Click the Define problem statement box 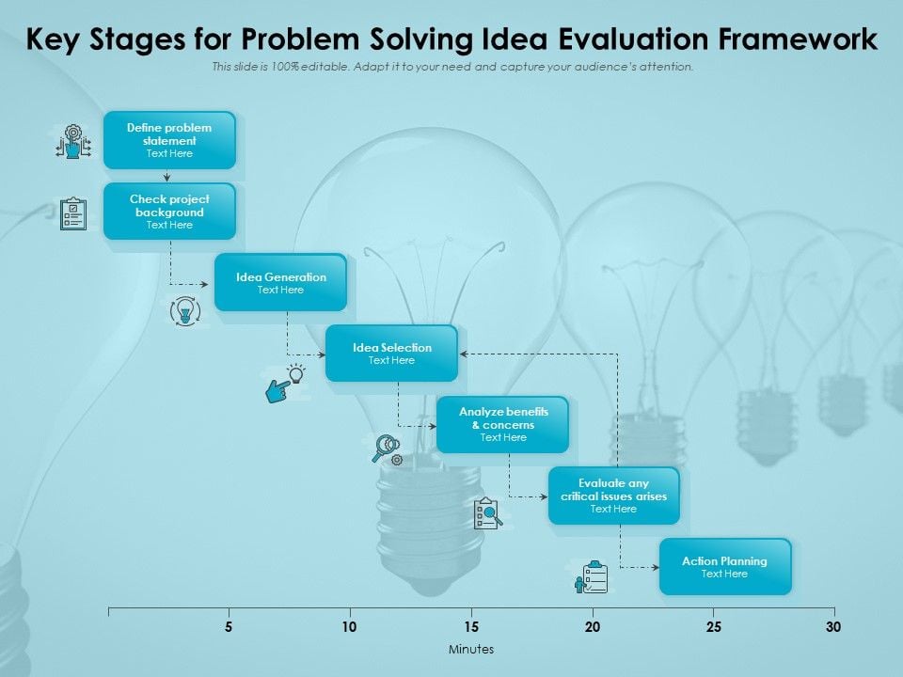(x=169, y=140)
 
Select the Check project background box (x=169, y=212)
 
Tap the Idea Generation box (x=280, y=282)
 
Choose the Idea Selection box (x=391, y=354)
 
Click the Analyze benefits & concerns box (x=503, y=424)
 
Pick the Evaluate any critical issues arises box (x=613, y=496)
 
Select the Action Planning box (x=724, y=566)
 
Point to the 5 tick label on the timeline (x=229, y=627)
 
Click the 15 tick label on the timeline (x=471, y=627)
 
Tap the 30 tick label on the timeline (x=832, y=627)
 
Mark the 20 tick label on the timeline (x=592, y=627)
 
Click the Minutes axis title (x=471, y=650)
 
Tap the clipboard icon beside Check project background (x=72, y=213)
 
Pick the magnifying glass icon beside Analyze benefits (x=386, y=447)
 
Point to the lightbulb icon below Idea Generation (x=185, y=310)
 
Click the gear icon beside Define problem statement (x=73, y=141)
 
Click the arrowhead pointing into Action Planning (x=655, y=568)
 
